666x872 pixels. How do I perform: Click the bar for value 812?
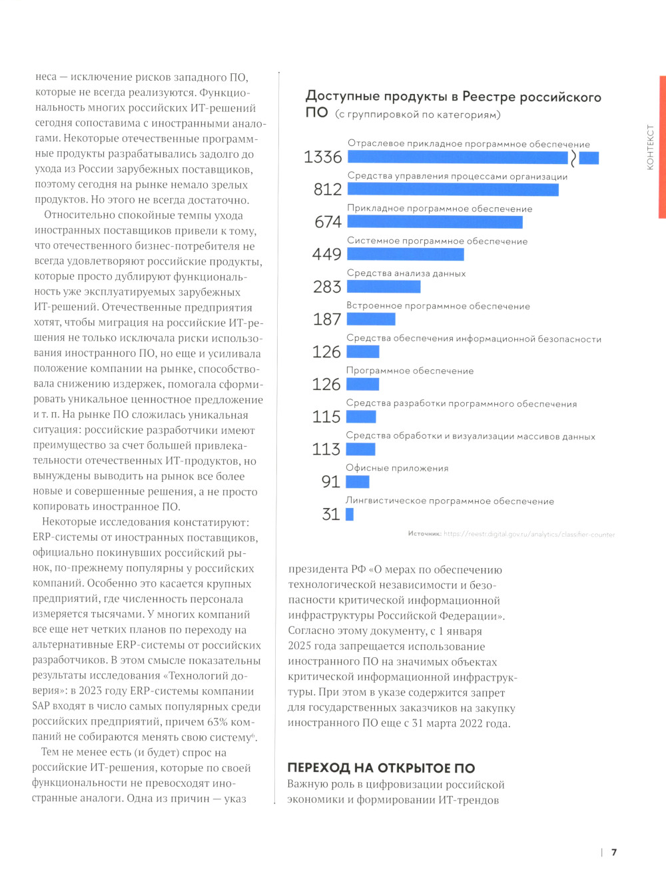tap(453, 189)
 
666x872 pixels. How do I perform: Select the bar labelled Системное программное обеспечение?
tap(406, 254)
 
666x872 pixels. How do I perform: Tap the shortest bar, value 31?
tap(350, 514)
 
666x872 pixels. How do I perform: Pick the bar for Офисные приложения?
tap(358, 481)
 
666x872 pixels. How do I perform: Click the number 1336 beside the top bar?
tap(323, 157)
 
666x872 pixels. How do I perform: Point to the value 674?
tap(328, 222)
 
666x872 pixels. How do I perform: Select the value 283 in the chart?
tap(327, 287)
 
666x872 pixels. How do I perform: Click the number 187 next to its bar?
tap(327, 319)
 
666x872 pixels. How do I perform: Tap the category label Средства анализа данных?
tap(406, 273)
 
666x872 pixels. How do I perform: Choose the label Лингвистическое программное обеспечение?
tap(450, 501)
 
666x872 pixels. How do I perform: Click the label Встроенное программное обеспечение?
tap(438, 306)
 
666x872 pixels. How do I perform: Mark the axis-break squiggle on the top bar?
tap(573, 158)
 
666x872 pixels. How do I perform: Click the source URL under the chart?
tap(529, 534)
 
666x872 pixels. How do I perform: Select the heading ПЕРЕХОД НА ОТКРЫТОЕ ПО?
tap(381, 768)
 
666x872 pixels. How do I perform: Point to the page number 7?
tap(614, 852)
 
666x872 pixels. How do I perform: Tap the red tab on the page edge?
tap(662, 147)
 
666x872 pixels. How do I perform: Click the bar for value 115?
tap(361, 417)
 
